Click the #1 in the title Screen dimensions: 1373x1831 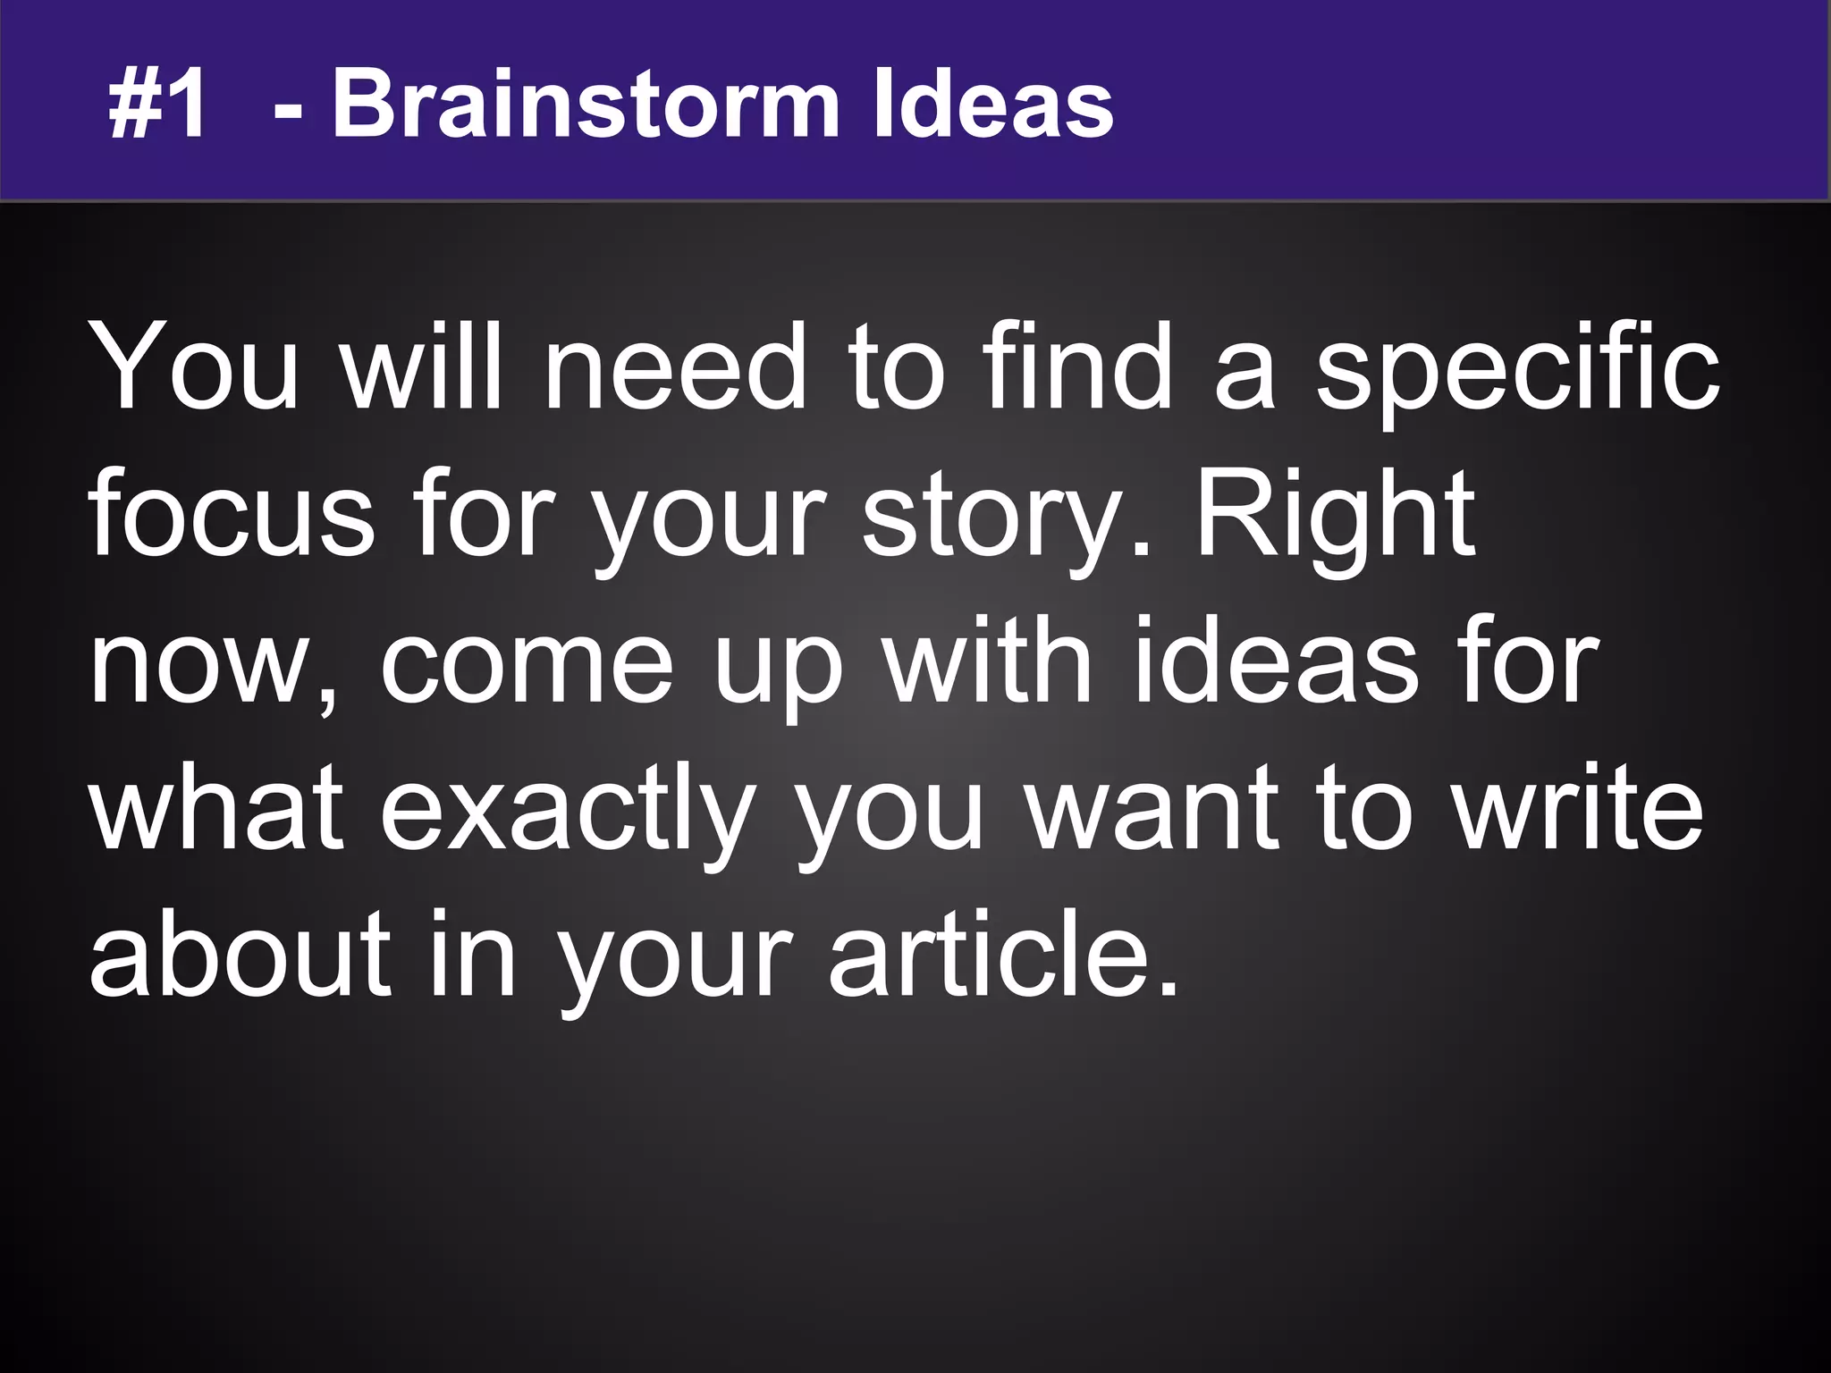(157, 105)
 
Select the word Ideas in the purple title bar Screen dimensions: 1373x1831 (992, 105)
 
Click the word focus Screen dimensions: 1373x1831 (232, 516)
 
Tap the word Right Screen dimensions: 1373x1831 (1336, 516)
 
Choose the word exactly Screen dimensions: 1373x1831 (570, 810)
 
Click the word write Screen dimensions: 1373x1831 (1577, 810)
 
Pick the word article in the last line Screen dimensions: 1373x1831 (1001, 955)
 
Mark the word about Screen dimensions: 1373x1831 (240, 955)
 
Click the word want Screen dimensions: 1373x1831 (1154, 810)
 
